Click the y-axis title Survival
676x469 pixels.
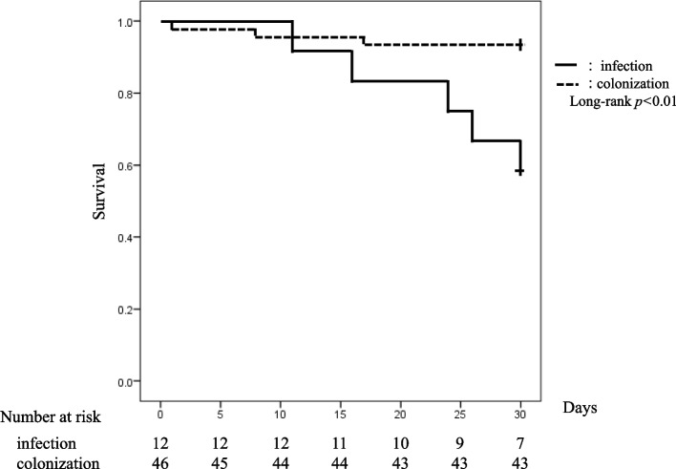tap(98, 191)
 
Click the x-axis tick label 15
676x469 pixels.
tap(340, 415)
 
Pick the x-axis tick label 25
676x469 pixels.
tap(460, 415)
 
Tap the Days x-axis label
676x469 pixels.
tap(580, 408)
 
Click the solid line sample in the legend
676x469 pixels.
tap(565, 66)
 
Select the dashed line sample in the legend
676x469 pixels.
tap(566, 83)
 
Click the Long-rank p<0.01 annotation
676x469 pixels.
tap(623, 102)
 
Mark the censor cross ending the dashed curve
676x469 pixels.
tap(520, 45)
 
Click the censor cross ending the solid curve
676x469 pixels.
tap(520, 172)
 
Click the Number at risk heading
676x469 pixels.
tap(51, 417)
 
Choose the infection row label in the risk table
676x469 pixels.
tap(47, 443)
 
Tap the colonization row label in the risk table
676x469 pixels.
tap(58, 462)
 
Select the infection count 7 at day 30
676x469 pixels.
tap(520, 443)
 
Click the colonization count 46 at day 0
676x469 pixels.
tap(160, 463)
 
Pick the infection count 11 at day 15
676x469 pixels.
tap(340, 443)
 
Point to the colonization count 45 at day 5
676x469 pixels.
tap(220, 463)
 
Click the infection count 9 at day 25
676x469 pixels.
tap(460, 443)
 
